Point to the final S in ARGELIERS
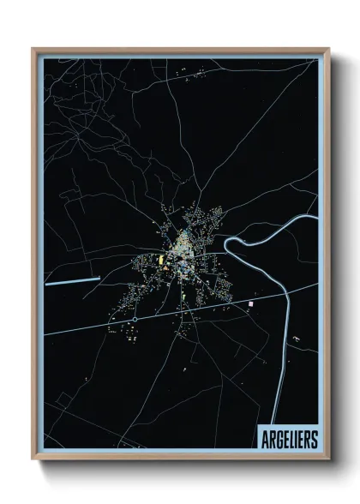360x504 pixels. coord(313,439)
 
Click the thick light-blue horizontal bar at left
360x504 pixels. coord(73,279)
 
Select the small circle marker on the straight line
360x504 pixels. coord(135,320)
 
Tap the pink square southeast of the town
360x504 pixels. coord(250,304)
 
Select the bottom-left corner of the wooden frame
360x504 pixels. coord(33,459)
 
